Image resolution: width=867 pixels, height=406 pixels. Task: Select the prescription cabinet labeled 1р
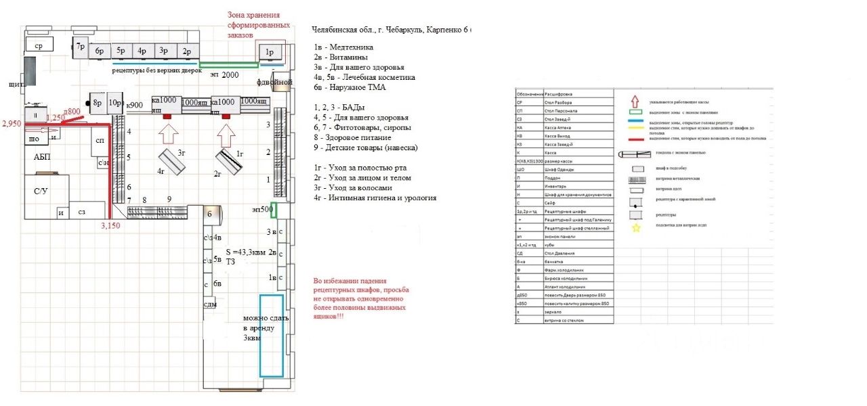269,51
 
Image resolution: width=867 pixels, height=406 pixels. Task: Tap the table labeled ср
39,45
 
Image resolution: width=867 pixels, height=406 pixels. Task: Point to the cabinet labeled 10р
114,103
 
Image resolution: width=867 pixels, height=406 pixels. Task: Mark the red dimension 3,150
110,226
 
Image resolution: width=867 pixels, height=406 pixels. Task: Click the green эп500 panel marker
274,210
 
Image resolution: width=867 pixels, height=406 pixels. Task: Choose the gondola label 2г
217,174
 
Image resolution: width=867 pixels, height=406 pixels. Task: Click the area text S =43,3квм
249,252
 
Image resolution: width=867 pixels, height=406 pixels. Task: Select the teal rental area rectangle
272,336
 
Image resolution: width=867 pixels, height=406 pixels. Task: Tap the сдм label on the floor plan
210,304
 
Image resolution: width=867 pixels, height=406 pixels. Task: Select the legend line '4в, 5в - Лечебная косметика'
364,78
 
